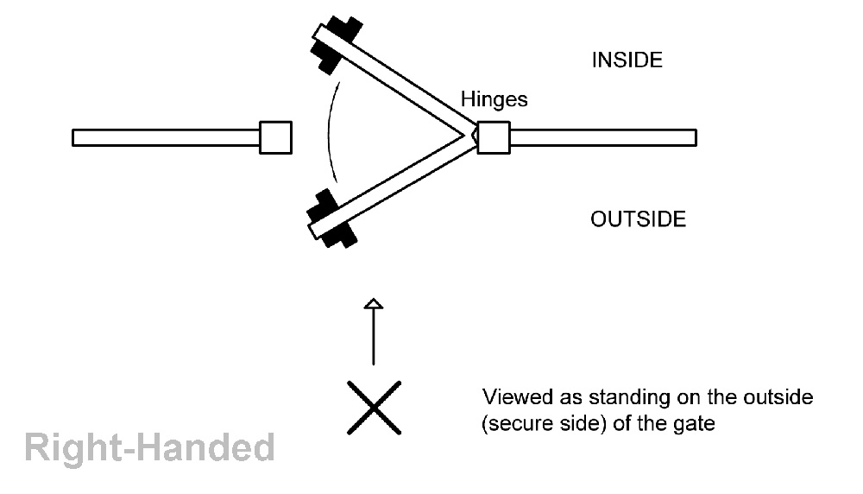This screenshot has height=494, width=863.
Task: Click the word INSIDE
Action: click(626, 60)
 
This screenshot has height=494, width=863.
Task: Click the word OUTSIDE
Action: click(638, 219)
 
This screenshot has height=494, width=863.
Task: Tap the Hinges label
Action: click(494, 99)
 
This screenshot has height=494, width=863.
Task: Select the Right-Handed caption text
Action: click(148, 448)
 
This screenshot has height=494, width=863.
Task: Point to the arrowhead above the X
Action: click(373, 303)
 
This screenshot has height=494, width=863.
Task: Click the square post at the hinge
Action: click(494, 137)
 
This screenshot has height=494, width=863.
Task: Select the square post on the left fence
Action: click(276, 137)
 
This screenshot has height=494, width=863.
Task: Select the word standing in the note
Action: click(624, 398)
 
